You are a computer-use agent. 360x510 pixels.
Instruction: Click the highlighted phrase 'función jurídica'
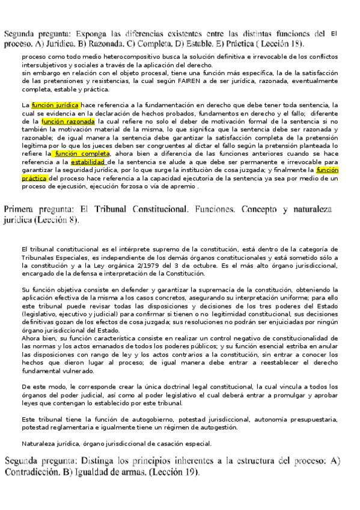pos(55,104)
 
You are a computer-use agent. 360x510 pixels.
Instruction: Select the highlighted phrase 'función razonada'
pos(69,121)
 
